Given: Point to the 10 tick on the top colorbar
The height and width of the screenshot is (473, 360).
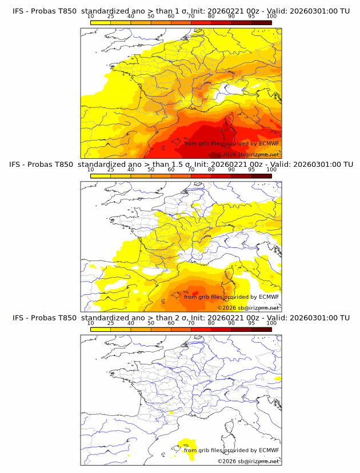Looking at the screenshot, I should click(90, 17).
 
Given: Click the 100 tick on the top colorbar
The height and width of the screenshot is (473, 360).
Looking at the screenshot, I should click(271, 17).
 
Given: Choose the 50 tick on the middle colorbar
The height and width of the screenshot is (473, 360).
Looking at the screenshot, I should click(151, 170).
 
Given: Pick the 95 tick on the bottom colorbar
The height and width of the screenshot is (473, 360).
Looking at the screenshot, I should click(251, 323).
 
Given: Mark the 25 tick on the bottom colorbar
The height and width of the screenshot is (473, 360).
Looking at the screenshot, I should click(110, 323).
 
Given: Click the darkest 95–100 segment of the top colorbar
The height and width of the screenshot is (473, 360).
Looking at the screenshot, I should click(261, 22).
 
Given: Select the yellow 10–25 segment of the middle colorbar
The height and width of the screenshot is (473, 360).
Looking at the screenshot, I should click(100, 176).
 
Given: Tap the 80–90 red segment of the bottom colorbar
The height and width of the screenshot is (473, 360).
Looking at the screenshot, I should click(221, 329).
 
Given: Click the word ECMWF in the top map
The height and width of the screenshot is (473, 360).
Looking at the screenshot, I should click(269, 143).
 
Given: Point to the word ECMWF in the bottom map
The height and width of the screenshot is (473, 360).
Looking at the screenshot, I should click(269, 450).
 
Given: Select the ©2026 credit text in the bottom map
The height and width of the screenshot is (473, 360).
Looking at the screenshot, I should click(227, 461).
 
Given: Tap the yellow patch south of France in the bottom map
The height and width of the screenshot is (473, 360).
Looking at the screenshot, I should click(185, 443).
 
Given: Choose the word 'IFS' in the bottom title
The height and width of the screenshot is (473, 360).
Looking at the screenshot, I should click(19, 318).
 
